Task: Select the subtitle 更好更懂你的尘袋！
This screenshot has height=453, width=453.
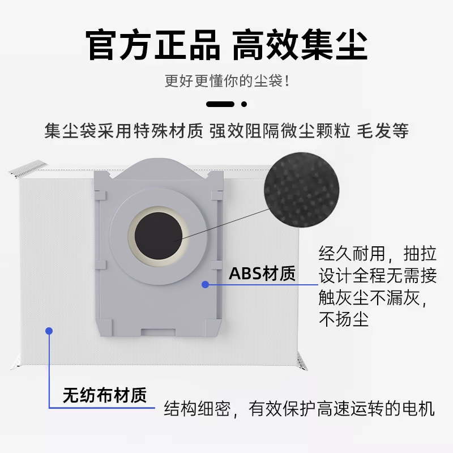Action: [226, 81]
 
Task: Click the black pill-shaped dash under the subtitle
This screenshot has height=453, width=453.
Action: [220, 104]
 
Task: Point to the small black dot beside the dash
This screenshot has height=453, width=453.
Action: [244, 104]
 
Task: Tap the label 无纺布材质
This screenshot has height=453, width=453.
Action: [104, 395]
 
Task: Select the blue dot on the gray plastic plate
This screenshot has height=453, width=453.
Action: [206, 285]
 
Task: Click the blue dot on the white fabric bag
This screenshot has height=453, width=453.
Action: [49, 331]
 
